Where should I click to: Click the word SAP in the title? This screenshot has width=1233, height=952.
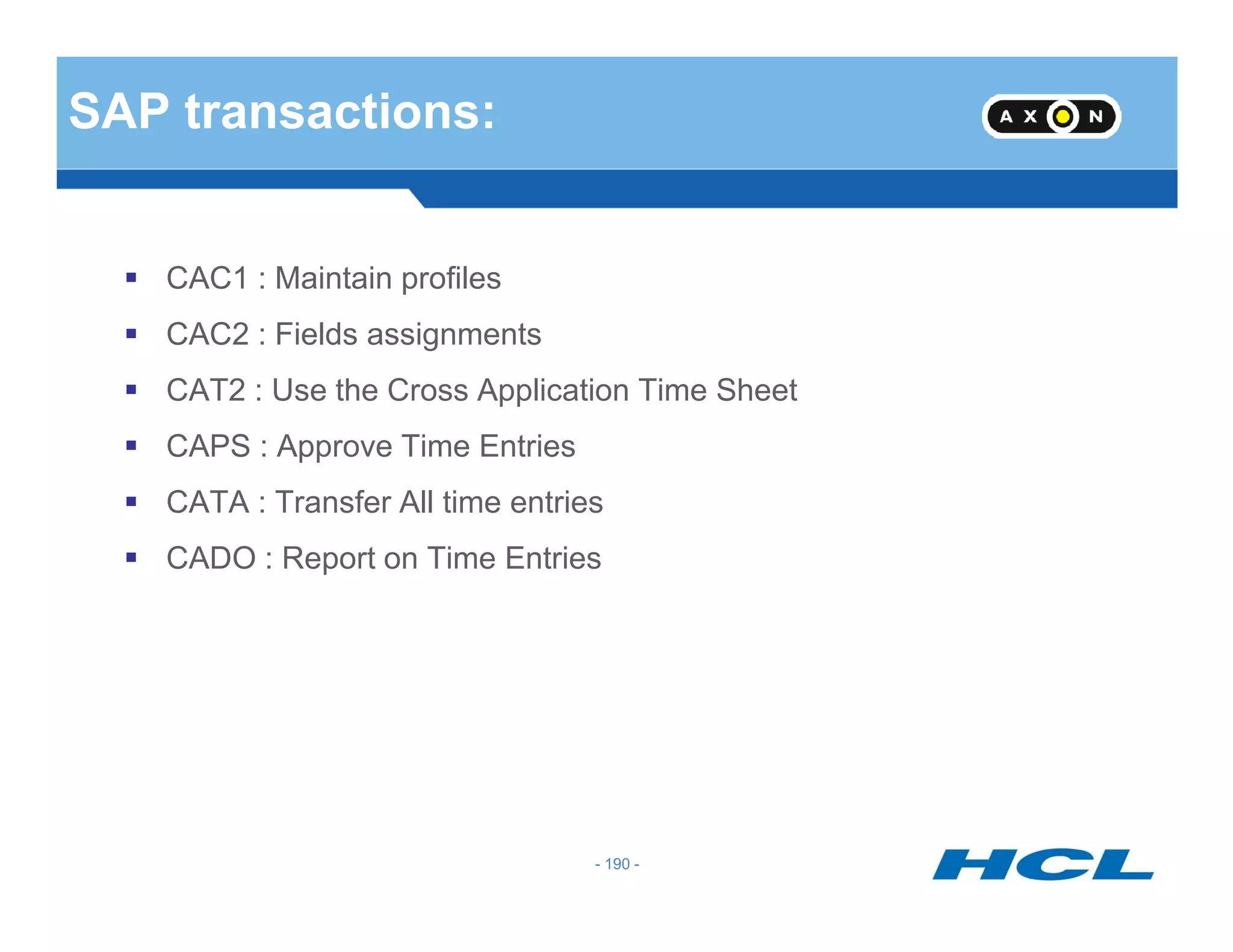(x=119, y=112)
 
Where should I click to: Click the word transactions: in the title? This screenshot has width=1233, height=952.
(x=340, y=112)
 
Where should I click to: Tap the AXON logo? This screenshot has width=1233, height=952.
(x=1051, y=116)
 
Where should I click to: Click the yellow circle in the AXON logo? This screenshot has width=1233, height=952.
(x=1063, y=116)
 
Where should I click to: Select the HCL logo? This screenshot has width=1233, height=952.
(x=1043, y=864)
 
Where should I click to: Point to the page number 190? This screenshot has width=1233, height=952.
(x=617, y=864)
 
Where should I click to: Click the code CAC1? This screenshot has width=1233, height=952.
(x=207, y=279)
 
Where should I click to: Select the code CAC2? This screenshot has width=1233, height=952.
(x=207, y=335)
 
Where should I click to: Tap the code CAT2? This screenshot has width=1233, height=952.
(x=205, y=391)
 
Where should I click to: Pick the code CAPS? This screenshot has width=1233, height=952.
(x=208, y=447)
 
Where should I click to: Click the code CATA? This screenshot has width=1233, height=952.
(x=207, y=502)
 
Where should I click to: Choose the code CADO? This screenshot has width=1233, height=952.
(x=211, y=558)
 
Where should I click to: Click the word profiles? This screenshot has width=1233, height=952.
(x=451, y=279)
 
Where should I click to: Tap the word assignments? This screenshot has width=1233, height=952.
(x=454, y=335)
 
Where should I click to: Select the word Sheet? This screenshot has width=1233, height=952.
(x=756, y=391)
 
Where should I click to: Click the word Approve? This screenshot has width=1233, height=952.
(x=334, y=447)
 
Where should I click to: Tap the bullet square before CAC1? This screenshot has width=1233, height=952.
(x=131, y=277)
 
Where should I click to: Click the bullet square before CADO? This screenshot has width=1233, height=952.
(x=131, y=557)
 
